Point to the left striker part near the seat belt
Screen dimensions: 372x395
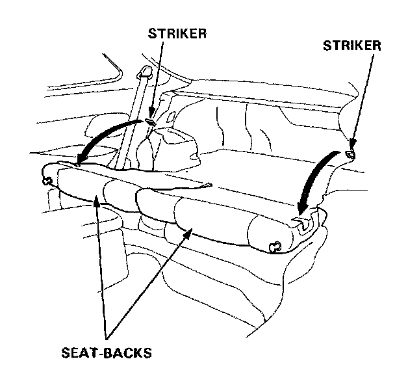151,120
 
